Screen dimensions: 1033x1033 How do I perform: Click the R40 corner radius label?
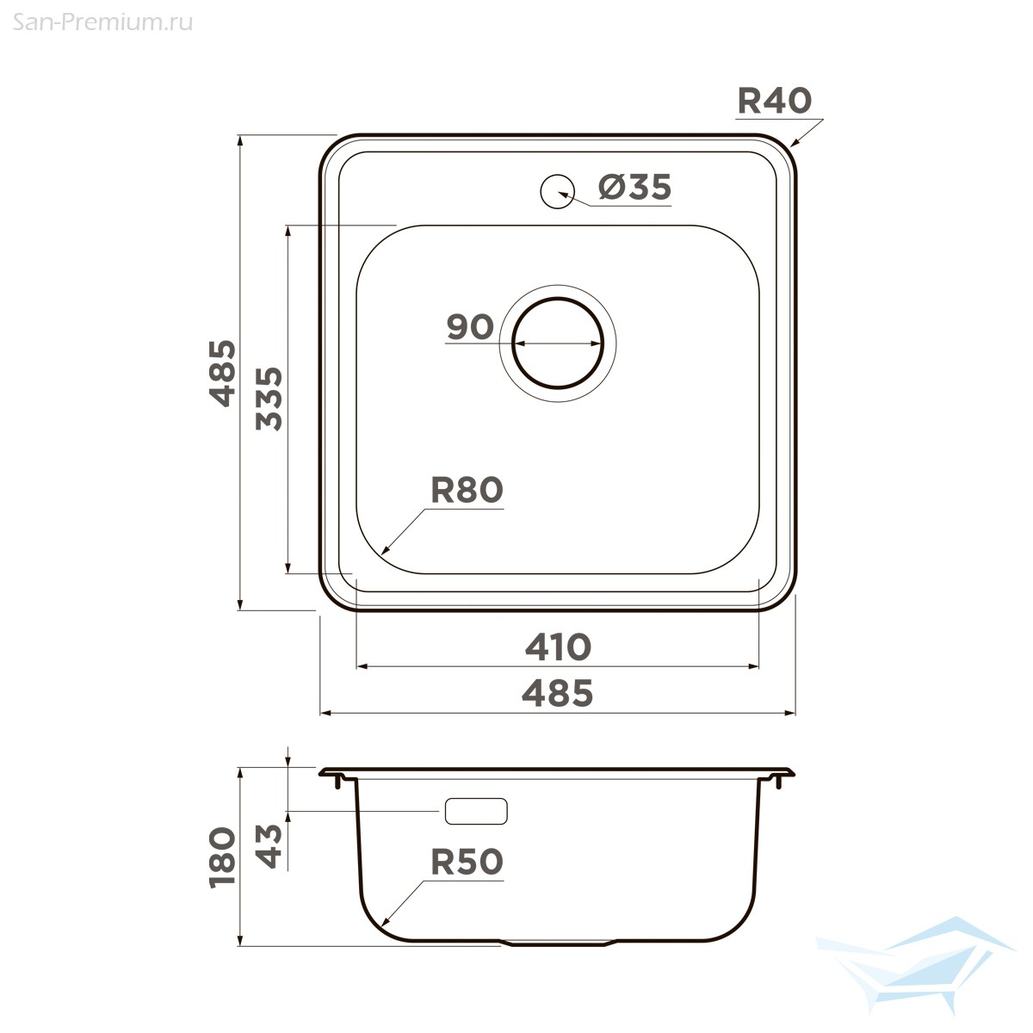(x=775, y=102)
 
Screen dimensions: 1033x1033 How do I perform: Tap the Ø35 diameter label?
(x=634, y=188)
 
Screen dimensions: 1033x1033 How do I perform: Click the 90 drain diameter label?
(x=470, y=327)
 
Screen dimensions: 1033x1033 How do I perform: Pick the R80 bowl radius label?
(x=467, y=490)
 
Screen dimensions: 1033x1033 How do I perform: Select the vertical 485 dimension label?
(x=222, y=374)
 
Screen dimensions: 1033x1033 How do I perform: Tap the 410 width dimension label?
(x=558, y=647)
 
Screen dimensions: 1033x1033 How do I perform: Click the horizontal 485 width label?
(x=558, y=694)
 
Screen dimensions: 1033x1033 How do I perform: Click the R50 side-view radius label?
(x=467, y=863)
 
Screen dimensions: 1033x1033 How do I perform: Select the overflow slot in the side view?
(x=476, y=811)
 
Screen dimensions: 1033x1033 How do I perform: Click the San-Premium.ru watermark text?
(x=102, y=23)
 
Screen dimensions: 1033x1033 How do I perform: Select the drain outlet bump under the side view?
(x=558, y=943)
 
